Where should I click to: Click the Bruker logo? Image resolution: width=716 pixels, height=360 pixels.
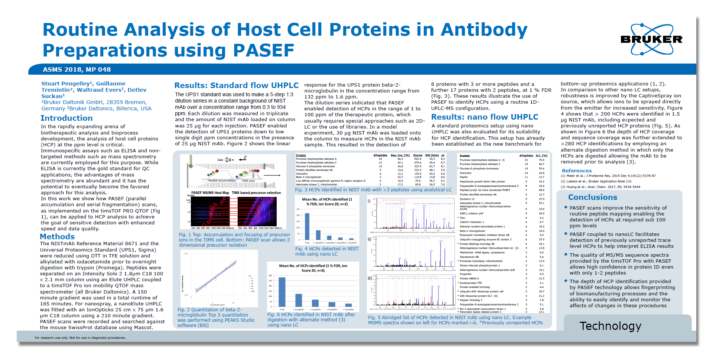651,39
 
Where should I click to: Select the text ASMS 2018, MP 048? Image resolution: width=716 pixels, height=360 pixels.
77,69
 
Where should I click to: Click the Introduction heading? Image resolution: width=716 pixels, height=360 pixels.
66,118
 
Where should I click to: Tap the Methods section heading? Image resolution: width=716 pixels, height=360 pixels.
57,237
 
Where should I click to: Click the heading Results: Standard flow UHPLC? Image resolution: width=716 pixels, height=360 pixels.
236,85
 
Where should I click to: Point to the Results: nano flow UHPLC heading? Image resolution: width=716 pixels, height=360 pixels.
484,117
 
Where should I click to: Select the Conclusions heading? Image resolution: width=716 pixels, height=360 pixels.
592,197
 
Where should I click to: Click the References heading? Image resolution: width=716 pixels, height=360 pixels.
576,171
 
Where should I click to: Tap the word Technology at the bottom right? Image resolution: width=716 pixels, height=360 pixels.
610,326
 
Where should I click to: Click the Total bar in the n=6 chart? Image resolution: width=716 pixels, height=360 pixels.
282,292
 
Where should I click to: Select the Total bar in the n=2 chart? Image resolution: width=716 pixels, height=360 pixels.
307,226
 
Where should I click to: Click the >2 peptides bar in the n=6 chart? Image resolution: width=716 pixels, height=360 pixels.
299,300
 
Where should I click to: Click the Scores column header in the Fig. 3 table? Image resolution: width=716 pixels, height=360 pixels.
417,155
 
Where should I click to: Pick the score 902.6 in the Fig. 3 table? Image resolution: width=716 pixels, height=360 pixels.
417,159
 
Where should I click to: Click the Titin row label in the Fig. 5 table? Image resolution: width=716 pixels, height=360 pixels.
463,218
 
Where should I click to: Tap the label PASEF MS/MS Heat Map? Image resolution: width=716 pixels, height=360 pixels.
210,193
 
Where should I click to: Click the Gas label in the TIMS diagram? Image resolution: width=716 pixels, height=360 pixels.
220,160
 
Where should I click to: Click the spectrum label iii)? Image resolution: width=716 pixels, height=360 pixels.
370,278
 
